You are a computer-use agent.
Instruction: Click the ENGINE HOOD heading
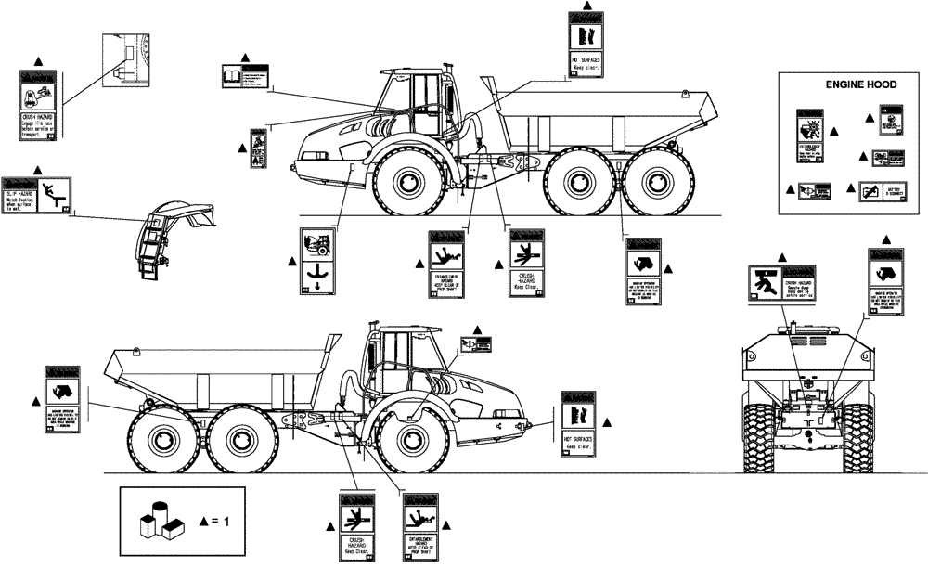tap(861, 84)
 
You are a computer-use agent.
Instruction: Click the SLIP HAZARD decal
tap(36, 196)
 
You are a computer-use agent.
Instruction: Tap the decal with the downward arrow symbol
tap(318, 262)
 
